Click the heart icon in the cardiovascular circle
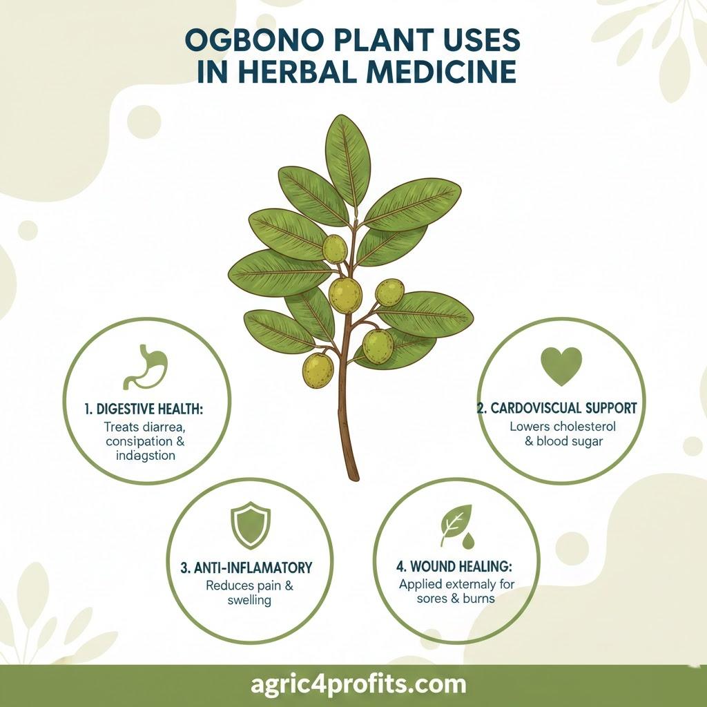click(561, 365)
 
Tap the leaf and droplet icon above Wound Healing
click(456, 525)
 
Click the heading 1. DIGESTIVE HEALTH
click(144, 409)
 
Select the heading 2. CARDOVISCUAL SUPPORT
click(556, 407)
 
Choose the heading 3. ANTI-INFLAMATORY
click(246, 568)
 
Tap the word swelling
click(249, 600)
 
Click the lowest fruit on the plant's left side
click(318, 369)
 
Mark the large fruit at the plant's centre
click(345, 295)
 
